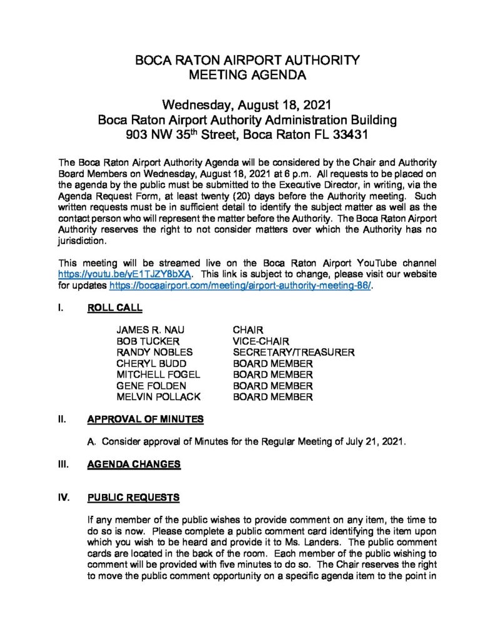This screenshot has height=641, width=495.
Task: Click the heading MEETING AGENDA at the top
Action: [247, 76]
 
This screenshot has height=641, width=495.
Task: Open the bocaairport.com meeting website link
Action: [241, 285]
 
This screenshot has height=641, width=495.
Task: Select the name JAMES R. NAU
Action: [150, 330]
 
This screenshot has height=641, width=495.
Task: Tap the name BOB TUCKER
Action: [148, 341]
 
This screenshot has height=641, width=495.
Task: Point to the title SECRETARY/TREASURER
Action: [293, 352]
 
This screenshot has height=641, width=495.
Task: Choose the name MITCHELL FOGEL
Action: [158, 374]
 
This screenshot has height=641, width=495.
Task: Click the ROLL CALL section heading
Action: [115, 307]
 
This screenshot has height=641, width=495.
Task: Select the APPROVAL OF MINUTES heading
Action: [145, 419]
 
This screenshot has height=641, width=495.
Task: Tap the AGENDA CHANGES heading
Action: [134, 464]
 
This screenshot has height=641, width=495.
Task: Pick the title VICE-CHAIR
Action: [261, 341]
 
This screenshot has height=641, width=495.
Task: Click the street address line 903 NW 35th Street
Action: [247, 134]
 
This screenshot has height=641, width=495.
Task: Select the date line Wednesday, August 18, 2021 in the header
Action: [247, 104]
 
